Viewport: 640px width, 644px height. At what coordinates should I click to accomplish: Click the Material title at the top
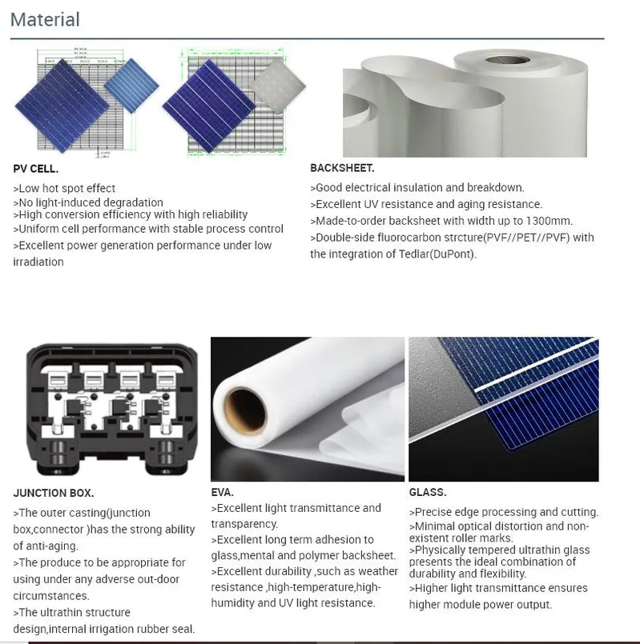45,20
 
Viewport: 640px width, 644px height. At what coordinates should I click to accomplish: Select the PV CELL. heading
36,169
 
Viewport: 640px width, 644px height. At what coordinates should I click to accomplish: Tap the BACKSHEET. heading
342,168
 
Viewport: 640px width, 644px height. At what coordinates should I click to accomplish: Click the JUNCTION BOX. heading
54,493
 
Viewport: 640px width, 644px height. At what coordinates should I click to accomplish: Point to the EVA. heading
222,492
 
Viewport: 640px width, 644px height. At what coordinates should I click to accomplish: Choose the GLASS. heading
428,492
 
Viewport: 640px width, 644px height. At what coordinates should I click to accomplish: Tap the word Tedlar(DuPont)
437,254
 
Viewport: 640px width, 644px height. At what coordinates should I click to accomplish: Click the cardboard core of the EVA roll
246,411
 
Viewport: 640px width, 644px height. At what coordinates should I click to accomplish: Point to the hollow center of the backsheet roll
508,60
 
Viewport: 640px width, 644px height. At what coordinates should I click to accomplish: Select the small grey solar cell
278,86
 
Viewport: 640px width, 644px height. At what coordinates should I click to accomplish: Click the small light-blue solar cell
131,86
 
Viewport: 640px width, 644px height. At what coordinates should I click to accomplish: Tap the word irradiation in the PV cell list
38,262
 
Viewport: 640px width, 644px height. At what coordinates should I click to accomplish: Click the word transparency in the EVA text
244,524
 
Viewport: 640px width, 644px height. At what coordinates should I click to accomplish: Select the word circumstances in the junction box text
50,596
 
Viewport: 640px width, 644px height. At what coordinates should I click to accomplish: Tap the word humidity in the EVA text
232,603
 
